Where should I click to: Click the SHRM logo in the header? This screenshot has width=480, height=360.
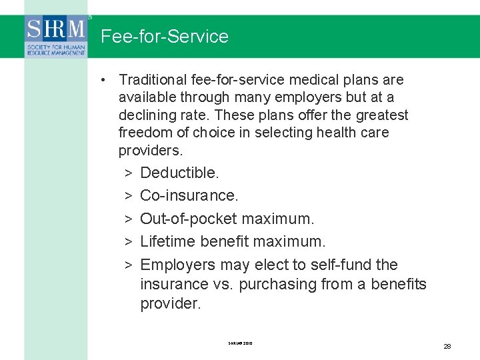56,37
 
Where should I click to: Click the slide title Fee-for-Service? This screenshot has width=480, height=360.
164,37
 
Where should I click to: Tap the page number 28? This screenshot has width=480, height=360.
447,346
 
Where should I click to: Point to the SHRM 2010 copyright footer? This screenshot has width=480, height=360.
240,343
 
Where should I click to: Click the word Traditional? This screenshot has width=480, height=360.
153,80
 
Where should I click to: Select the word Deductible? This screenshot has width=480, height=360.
179,173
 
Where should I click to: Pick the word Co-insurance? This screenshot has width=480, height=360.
189,196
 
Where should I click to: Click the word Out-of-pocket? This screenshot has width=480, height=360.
189,219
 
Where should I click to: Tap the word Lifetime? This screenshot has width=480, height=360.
167,241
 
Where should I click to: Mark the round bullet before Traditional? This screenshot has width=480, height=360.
105,80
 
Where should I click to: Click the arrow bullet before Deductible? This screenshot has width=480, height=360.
127,173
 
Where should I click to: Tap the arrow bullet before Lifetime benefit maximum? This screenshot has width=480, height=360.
127,241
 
